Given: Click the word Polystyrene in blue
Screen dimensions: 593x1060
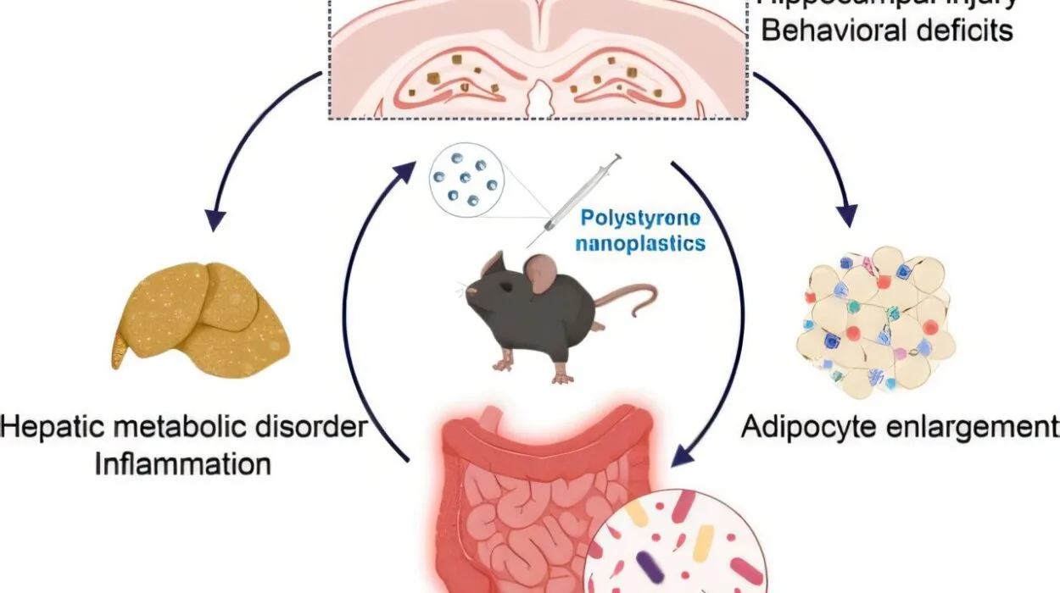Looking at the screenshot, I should (x=640, y=219).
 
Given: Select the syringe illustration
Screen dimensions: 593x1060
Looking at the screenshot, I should (x=577, y=198).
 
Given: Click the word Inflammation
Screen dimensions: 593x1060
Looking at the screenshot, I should (x=182, y=464).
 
